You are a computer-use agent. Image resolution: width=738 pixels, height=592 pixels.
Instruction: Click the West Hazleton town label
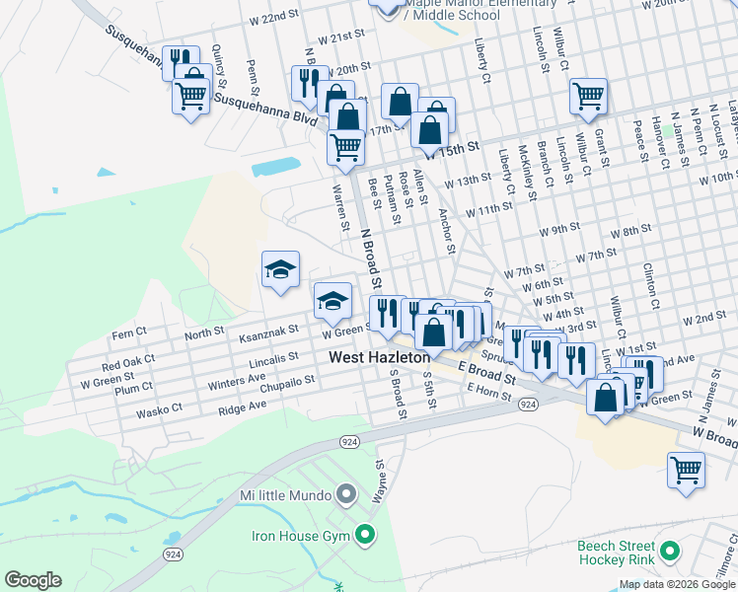379,357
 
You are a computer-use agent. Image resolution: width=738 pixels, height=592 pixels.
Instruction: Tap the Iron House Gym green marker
364,536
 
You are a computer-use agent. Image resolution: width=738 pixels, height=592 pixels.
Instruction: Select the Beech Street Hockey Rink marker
671,551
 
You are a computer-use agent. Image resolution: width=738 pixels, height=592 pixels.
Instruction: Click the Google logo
33,580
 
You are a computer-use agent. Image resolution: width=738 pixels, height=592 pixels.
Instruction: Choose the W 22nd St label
273,18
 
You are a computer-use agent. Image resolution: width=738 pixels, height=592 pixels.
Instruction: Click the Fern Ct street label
129,334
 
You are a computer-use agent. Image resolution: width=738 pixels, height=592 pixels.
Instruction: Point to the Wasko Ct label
159,408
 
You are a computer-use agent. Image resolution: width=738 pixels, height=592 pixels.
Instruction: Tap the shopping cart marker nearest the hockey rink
686,470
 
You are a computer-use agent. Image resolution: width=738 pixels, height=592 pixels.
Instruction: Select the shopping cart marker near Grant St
588,97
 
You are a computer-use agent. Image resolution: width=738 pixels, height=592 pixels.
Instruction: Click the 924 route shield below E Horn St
528,406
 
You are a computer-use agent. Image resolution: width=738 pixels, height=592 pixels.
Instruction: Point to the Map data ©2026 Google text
677,584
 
